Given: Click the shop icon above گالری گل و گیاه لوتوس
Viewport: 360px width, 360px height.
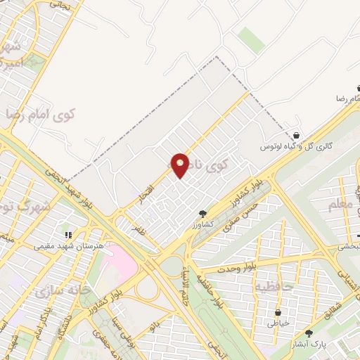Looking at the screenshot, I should pos(296,135).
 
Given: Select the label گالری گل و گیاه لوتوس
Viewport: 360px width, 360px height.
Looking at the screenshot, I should pos(296,146).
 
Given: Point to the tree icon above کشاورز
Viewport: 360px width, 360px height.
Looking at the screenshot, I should pos(202,213).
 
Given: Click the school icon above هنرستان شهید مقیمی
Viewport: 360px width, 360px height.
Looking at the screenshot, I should pos(68,235).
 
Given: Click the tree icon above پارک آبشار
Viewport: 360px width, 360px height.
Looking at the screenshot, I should pos(309,333).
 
